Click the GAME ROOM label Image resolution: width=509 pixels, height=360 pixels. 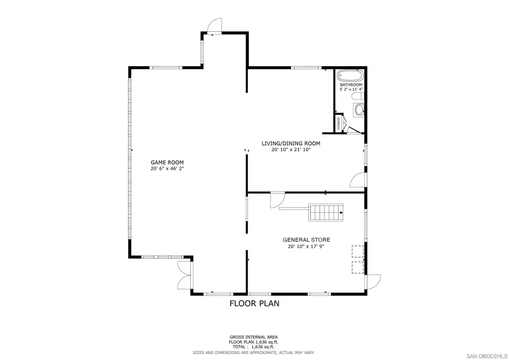[167, 162]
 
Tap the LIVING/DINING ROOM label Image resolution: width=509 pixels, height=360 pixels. [291, 144]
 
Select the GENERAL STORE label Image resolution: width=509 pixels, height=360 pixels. [306, 240]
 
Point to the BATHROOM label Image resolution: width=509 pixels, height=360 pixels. [351, 85]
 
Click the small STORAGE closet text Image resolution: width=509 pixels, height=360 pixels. [339, 123]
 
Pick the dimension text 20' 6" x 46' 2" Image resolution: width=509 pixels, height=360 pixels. [167, 169]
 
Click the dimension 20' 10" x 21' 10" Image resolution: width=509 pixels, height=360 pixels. [291, 150]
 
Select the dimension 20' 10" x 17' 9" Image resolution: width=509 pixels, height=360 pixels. [306, 247]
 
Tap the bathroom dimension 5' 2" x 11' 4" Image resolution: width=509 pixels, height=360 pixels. [351, 90]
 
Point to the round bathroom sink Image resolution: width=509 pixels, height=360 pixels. [359, 110]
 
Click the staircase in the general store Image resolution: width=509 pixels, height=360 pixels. [326, 213]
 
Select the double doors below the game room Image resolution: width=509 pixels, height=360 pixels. [185, 275]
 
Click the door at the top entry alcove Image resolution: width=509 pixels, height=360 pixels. [215, 25]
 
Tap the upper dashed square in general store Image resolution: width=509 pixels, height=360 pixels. [357, 252]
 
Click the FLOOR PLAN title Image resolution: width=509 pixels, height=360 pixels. [254, 303]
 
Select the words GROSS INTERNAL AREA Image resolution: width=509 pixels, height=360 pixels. [254, 337]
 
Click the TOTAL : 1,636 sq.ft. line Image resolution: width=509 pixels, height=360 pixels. [253, 347]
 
